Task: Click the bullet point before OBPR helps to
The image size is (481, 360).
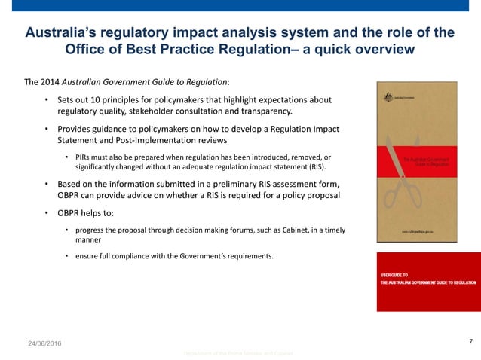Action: pyautogui.click(x=47, y=213)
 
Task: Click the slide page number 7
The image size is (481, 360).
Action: pyautogui.click(x=470, y=342)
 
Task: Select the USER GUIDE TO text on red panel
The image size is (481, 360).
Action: pyautogui.click(x=395, y=276)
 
